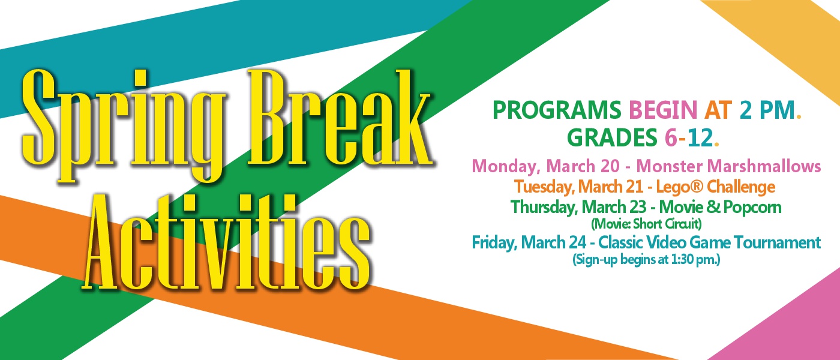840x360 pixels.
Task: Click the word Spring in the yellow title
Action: point(124,125)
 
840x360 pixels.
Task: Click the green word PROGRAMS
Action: point(557,110)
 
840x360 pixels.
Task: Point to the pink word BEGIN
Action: point(663,110)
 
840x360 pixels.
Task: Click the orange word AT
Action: point(718,110)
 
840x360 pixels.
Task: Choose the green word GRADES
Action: point(612,137)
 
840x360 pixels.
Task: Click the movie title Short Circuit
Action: point(667,224)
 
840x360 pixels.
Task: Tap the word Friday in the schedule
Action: point(494,242)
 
